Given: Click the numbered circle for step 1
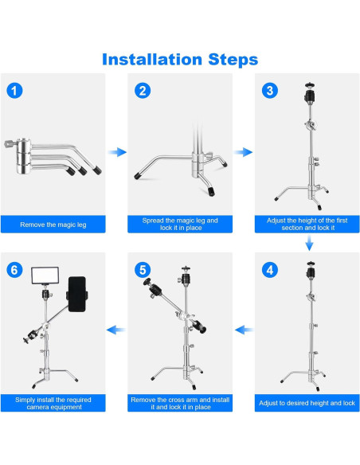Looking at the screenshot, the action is [14, 91].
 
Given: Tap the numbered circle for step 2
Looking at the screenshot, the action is [143, 91].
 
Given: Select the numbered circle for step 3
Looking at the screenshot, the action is [270, 91].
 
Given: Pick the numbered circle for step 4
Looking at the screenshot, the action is [270, 270].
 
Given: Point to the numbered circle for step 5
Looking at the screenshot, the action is [143, 270].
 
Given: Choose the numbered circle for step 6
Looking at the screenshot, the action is [14, 270].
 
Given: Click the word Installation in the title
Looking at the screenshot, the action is [152, 59].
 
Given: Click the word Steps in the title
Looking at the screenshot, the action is [233, 60].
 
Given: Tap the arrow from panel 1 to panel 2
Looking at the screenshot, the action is [117, 152].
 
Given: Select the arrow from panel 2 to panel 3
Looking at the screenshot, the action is [243, 152].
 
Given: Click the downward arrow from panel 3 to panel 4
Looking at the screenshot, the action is [309, 243].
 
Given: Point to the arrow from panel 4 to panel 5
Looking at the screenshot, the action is [244, 330].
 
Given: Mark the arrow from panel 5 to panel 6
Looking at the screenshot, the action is [116, 330].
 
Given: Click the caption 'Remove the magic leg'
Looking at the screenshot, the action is [53, 225].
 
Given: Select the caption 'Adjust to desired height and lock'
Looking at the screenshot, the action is [307, 403].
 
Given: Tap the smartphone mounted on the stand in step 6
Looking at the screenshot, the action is [77, 294].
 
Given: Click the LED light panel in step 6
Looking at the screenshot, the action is [45, 275].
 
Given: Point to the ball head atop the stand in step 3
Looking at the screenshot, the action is [310, 93].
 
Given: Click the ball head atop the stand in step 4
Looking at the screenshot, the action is [311, 271].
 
